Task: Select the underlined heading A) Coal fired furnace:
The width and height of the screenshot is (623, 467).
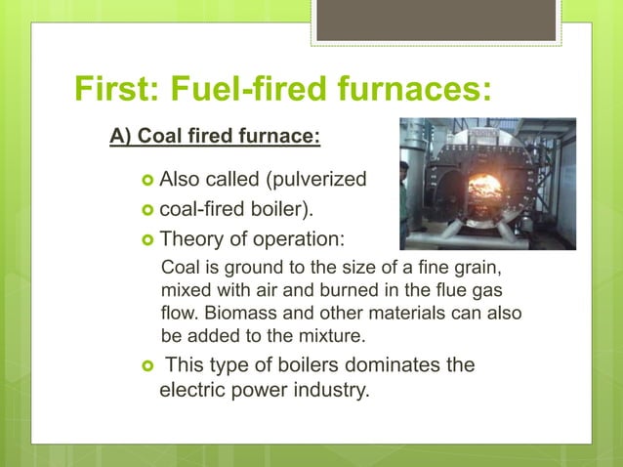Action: tap(215, 135)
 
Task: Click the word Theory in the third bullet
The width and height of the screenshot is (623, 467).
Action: tap(190, 239)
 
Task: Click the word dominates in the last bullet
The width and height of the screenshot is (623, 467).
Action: tap(369, 365)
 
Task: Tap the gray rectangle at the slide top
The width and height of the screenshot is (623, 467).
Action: tap(436, 20)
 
